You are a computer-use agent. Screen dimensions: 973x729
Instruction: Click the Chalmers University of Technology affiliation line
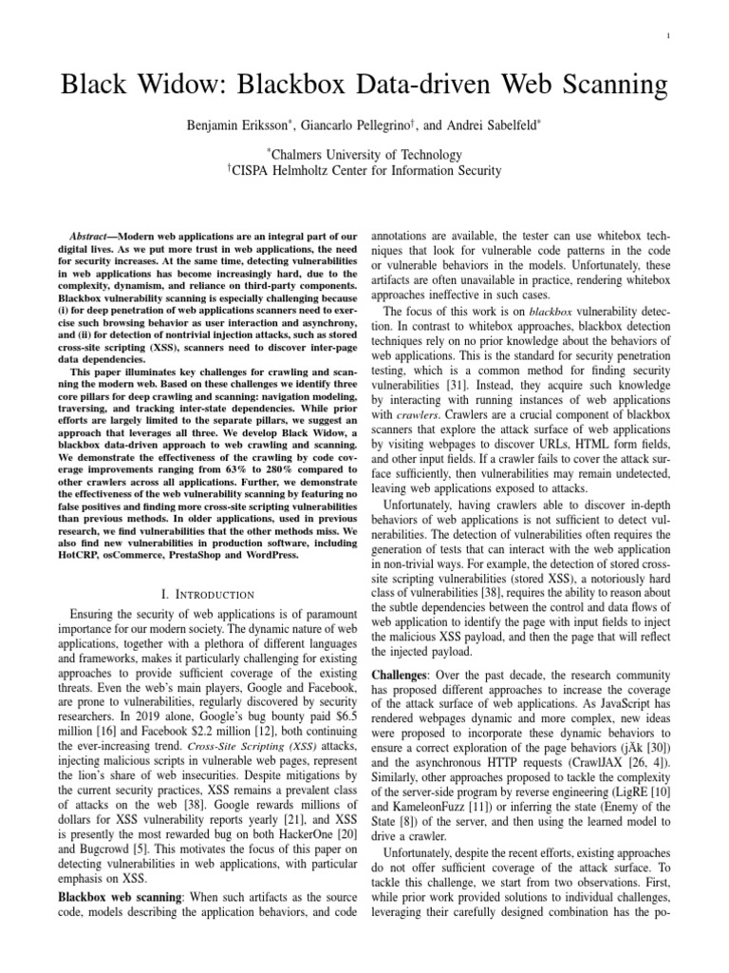(364, 155)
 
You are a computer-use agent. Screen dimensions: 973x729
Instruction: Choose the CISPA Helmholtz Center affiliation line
(364, 171)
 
